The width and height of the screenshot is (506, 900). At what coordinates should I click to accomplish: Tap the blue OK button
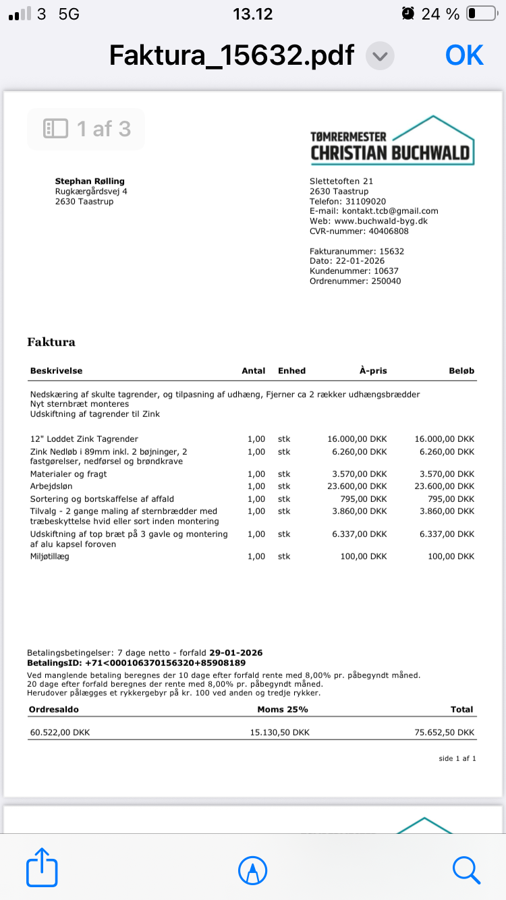point(464,55)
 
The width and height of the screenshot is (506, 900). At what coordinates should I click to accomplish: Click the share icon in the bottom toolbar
point(42,868)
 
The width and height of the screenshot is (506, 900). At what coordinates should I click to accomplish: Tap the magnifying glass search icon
point(466,869)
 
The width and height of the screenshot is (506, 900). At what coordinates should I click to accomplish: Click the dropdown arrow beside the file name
point(380,56)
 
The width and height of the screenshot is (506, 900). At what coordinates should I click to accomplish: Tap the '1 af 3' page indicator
point(86,129)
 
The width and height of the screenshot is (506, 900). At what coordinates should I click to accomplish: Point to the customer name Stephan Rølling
point(90,181)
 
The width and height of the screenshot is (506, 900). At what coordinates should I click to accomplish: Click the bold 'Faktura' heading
point(51,342)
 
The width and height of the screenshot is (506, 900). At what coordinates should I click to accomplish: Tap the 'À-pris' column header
point(373,370)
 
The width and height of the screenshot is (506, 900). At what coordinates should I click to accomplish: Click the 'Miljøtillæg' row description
point(50,557)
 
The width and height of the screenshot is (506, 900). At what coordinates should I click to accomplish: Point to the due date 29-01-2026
point(236,653)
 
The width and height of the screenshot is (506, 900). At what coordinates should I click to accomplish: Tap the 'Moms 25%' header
point(283,709)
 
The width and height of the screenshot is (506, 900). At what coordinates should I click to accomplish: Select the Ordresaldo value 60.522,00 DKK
point(60,732)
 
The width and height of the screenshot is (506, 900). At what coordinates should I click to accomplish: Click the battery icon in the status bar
point(480,13)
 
